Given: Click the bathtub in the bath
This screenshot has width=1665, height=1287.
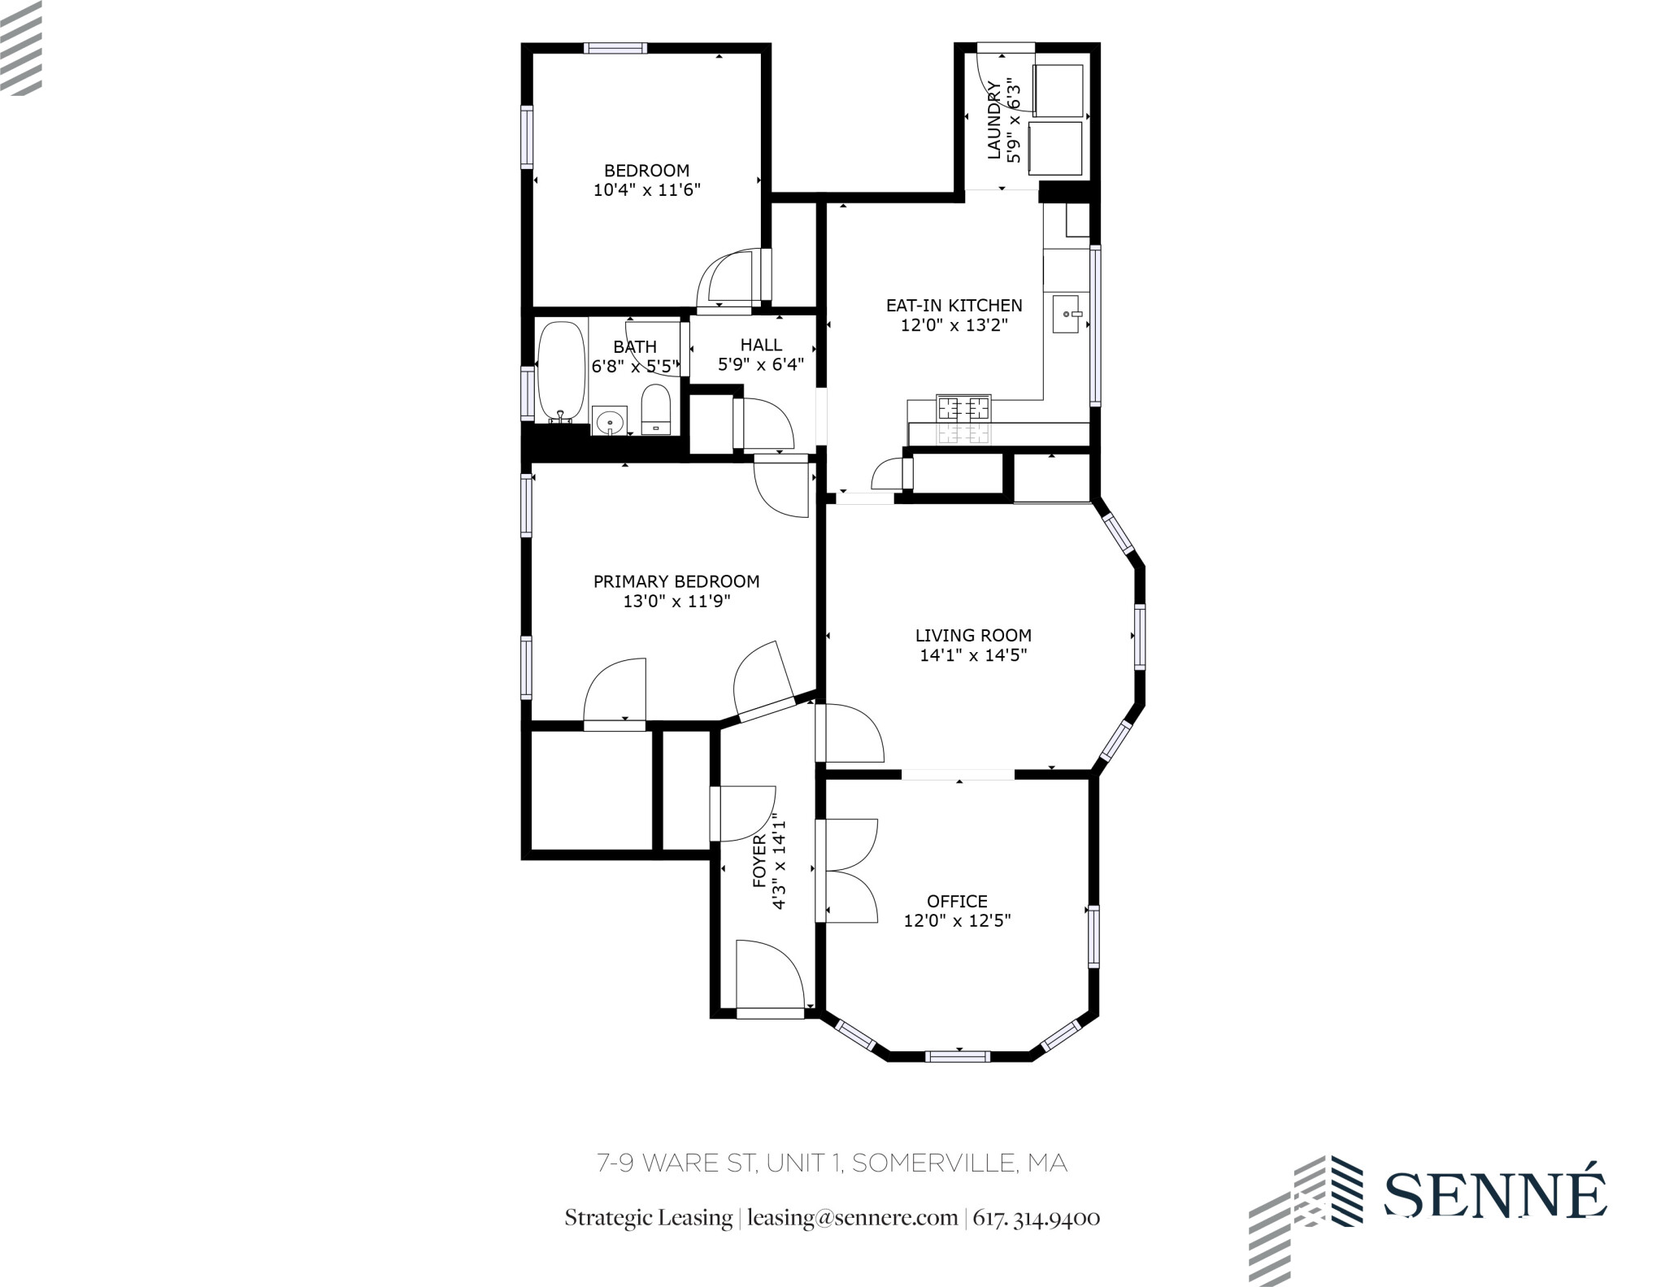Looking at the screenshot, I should [561, 371].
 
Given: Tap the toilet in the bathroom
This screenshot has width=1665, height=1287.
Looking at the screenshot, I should [655, 409].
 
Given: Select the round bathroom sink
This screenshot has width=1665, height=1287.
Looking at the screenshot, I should [609, 422].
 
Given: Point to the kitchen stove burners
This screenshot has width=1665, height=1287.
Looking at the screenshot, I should [964, 406].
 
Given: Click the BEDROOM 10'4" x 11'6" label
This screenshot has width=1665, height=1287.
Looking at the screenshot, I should [646, 180].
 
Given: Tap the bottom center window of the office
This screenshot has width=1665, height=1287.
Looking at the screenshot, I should [958, 1056].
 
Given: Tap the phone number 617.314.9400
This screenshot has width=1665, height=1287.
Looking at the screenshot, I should [1037, 1218].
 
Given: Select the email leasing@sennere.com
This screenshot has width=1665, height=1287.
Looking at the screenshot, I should [852, 1218].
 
